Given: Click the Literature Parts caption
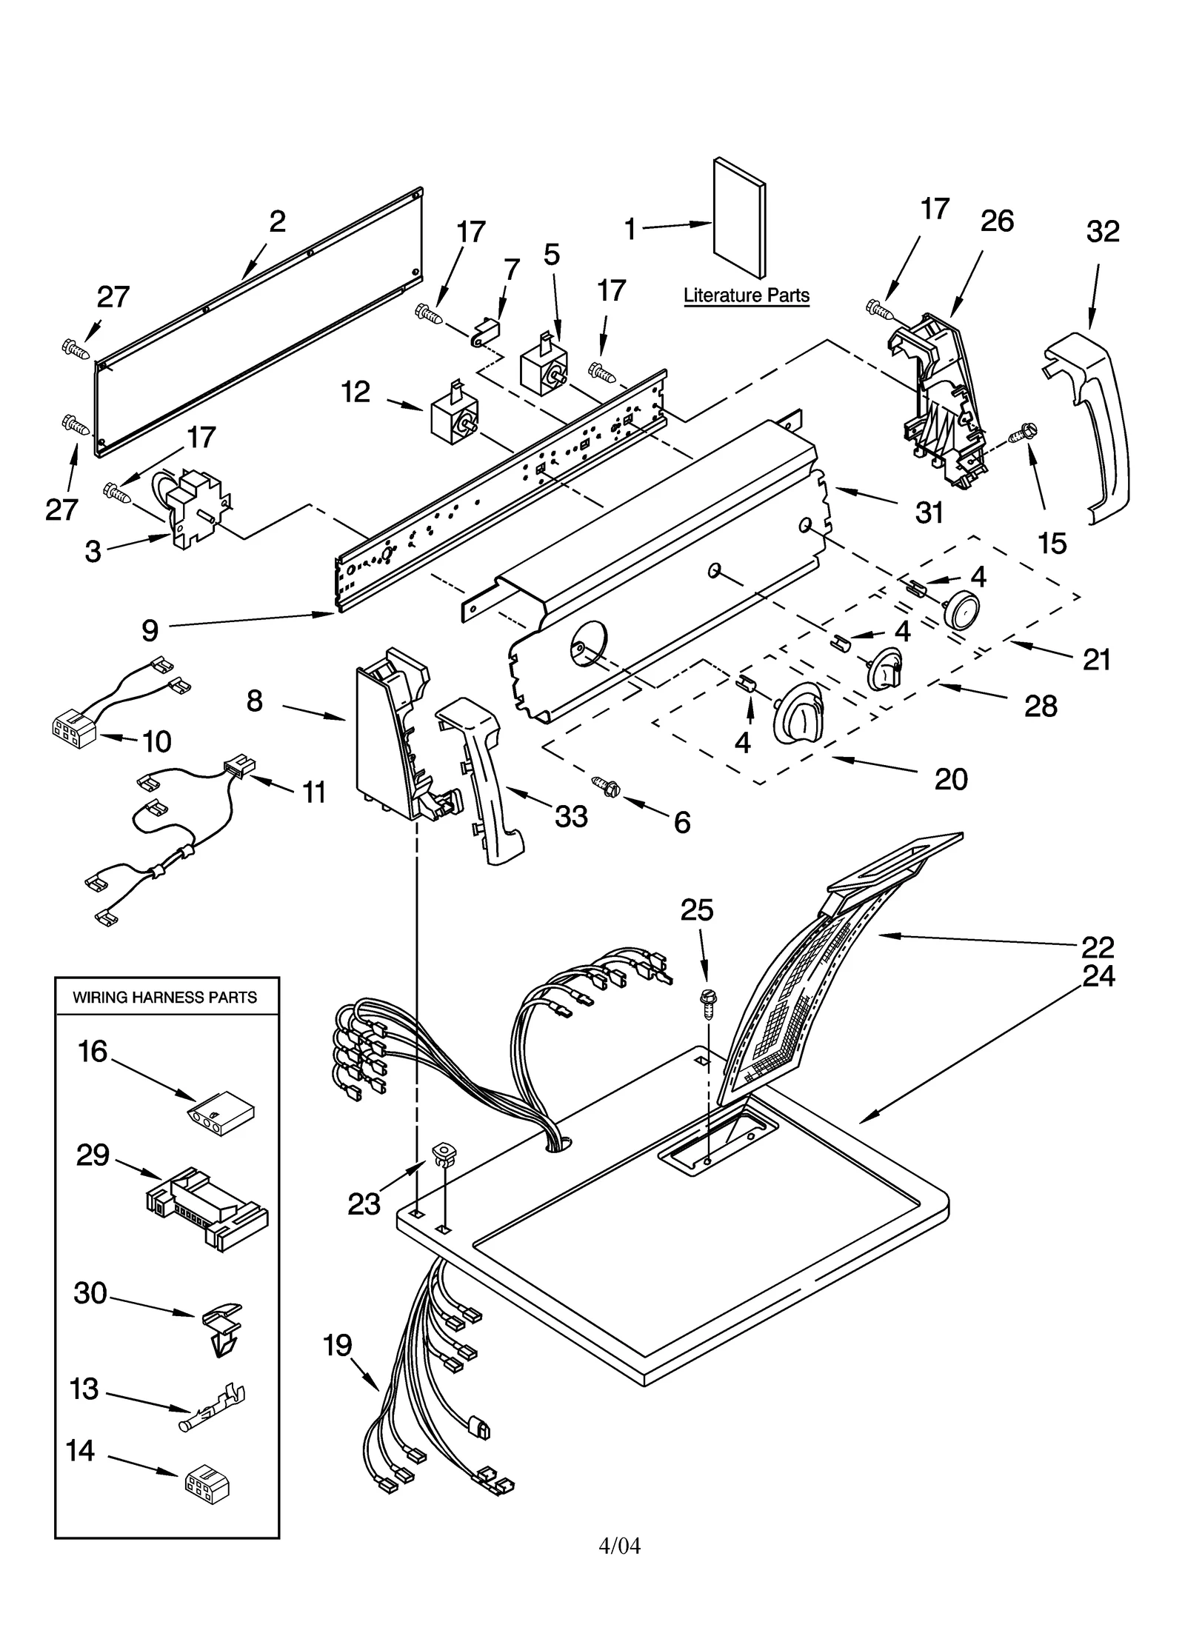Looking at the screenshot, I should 745,296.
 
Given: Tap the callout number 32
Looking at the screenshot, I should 1102,232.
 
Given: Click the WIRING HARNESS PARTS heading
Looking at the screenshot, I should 164,998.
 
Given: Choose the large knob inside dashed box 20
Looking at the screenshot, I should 798,712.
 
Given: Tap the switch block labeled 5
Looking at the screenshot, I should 545,367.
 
